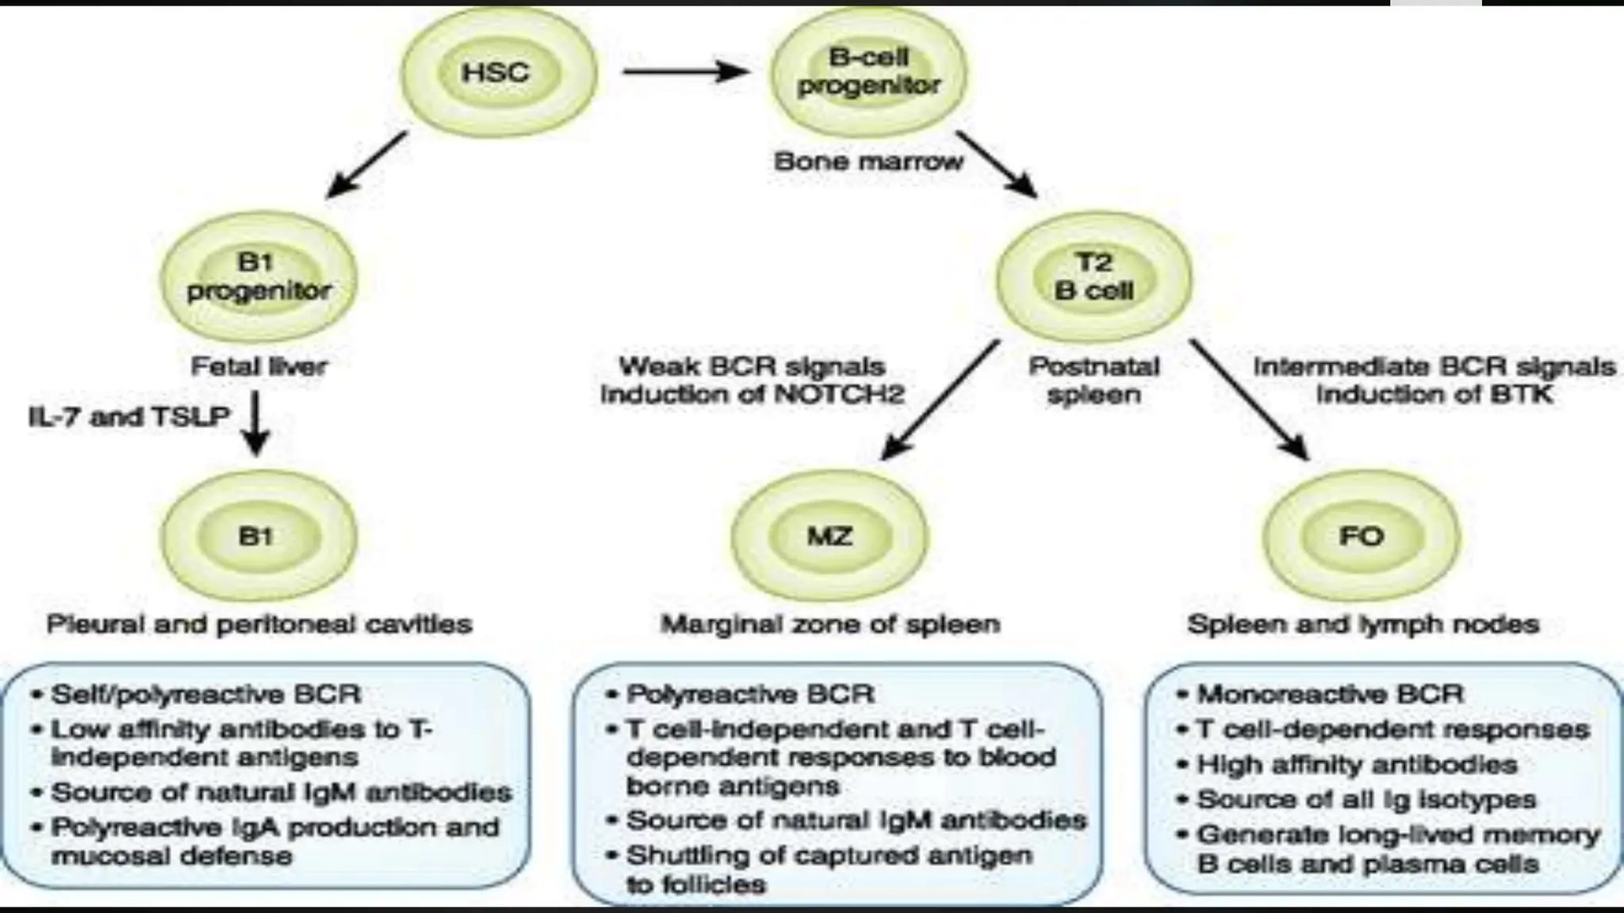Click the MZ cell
coord(829,537)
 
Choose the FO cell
coord(1361,537)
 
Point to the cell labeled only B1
coord(258,537)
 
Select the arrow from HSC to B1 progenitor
coord(366,165)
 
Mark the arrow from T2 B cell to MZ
coord(940,399)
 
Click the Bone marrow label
coord(868,162)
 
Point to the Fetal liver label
coord(259,366)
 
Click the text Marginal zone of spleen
coord(830,625)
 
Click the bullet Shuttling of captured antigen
coord(829,856)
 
